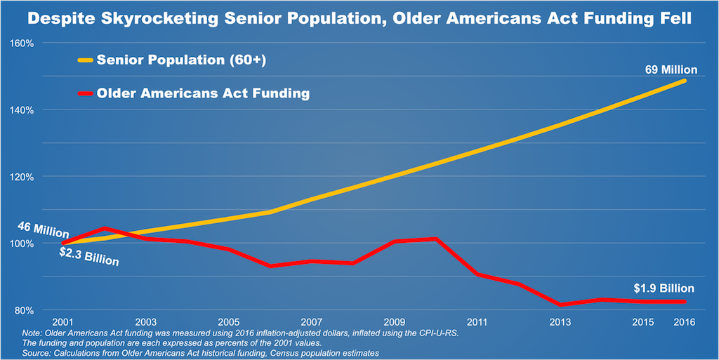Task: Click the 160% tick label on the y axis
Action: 22,43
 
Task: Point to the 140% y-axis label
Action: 22,109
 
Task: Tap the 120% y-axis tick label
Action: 22,177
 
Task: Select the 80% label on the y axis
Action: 25,310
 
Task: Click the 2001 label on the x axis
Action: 62,321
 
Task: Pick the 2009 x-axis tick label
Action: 396,321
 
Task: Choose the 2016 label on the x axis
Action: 685,321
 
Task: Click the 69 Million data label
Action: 671,69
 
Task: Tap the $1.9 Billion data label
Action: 664,288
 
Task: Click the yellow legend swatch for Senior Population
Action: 84,61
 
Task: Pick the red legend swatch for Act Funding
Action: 84,93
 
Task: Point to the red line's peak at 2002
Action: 105,228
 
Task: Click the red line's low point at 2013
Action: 561,305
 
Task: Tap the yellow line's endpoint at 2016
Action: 685,81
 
